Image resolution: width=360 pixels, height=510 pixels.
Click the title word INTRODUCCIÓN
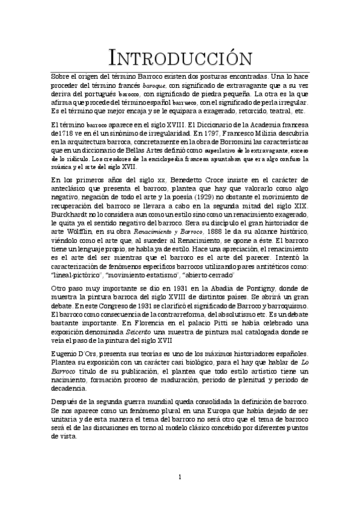(x=180, y=58)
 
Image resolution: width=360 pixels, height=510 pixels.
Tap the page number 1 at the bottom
(x=180, y=477)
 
